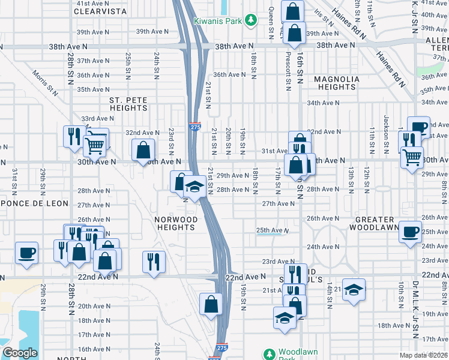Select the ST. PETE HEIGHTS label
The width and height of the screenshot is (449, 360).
pos(128,104)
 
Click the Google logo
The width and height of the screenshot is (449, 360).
pos(20,353)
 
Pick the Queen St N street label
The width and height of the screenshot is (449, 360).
pos(271,19)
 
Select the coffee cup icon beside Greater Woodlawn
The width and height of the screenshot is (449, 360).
pos(411,232)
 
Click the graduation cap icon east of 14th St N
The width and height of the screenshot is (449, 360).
pos(354,289)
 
